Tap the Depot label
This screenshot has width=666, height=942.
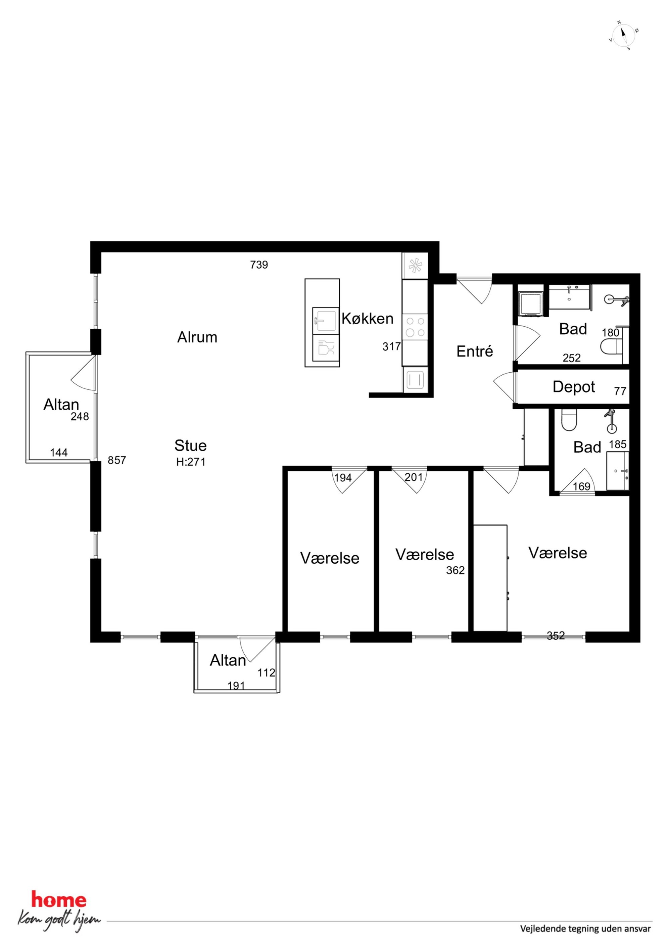[574, 387]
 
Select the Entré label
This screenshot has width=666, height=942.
[475, 351]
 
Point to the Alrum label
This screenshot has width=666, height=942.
[197, 337]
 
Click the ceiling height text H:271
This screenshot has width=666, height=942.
[191, 462]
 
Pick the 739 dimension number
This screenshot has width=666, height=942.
[259, 265]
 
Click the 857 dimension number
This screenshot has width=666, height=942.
[117, 460]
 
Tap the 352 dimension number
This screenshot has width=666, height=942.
[556, 635]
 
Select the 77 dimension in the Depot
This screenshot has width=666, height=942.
[620, 391]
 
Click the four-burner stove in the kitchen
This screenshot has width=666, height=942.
[415, 327]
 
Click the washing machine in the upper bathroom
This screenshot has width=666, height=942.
[531, 303]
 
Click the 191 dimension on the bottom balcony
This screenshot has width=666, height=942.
[236, 686]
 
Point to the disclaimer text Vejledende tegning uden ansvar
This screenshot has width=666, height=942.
[585, 929]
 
